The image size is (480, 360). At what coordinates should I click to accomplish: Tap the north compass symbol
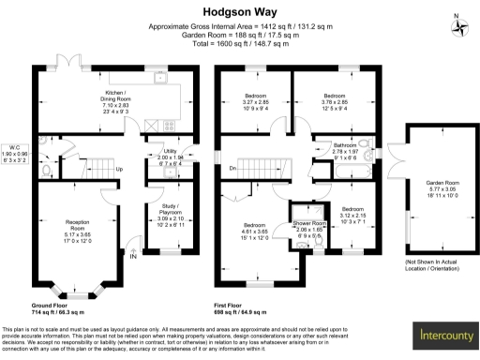458,24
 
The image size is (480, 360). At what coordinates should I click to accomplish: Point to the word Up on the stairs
119,170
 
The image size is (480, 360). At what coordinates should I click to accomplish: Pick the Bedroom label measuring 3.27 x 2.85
255,96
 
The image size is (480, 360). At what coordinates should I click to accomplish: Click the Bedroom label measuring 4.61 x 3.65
255,225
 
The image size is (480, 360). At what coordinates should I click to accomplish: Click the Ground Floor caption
52,306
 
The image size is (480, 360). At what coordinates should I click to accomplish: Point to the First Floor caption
239,306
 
